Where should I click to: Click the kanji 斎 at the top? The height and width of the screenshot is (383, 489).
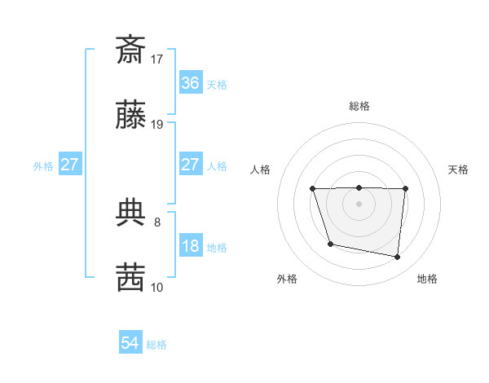[130, 50]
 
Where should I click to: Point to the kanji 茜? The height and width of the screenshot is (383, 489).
[130, 277]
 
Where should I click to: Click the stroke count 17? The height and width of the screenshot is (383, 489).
[157, 59]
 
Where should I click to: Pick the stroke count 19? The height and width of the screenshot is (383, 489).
[157, 125]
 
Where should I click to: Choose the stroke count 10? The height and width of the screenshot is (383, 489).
[157, 287]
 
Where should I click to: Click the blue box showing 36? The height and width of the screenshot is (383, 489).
[190, 83]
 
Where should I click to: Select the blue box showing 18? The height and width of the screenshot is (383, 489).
[190, 246]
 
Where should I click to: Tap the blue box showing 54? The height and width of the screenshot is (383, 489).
[130, 344]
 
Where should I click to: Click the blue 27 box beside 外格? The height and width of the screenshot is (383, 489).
[69, 165]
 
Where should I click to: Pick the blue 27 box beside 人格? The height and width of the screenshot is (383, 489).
[190, 165]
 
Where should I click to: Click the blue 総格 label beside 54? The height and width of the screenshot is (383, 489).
[156, 345]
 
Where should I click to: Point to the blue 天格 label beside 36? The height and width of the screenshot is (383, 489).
[217, 84]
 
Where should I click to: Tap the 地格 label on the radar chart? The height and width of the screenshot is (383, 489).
[427, 279]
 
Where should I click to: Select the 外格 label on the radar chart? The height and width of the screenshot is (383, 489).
[287, 279]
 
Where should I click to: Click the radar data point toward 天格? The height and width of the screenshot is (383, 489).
[405, 189]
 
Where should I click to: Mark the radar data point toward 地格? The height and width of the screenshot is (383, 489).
[397, 258]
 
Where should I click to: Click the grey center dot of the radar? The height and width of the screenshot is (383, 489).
[359, 204]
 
